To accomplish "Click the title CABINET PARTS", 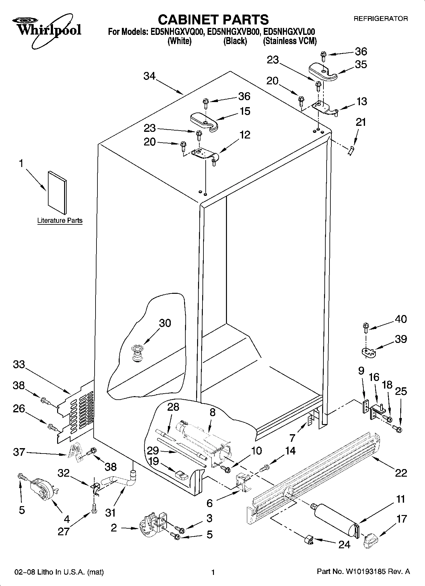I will (x=213, y=20).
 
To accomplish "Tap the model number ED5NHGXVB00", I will (x=234, y=32).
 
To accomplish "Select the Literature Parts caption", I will (x=60, y=220).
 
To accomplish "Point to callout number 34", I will (x=149, y=76).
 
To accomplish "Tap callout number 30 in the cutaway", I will (x=165, y=323).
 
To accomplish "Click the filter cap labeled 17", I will (x=370, y=540).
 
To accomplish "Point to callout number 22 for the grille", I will (x=401, y=473).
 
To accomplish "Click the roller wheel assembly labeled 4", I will (x=43, y=488).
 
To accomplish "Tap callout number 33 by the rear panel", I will (x=19, y=365).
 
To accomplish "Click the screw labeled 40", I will (x=365, y=326).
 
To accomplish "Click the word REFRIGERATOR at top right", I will (x=381, y=19).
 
